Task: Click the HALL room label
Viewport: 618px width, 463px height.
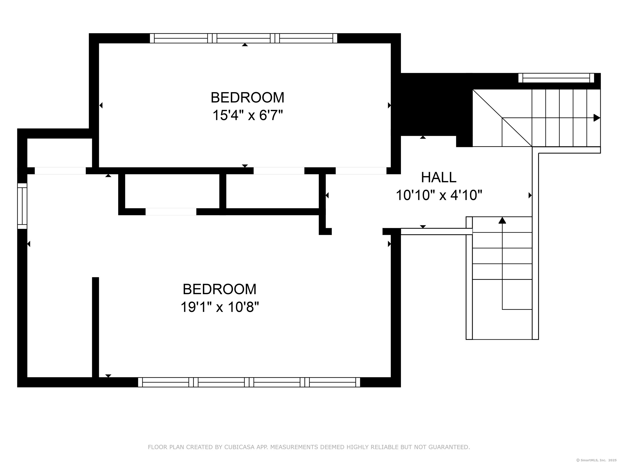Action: pyautogui.click(x=439, y=177)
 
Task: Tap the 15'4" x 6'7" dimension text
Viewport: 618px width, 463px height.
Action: pyautogui.click(x=247, y=115)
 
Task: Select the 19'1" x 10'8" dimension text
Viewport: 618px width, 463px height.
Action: pyautogui.click(x=220, y=307)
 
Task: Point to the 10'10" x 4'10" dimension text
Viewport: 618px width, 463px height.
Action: pyautogui.click(x=439, y=195)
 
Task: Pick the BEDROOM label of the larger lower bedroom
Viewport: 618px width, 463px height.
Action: pyautogui.click(x=220, y=289)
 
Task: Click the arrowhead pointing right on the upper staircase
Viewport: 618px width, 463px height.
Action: pyautogui.click(x=596, y=118)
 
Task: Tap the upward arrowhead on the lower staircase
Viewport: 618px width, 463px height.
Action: pyautogui.click(x=502, y=220)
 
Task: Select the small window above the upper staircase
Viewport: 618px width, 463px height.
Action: pyautogui.click(x=556, y=78)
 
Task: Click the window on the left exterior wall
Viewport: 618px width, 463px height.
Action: pyautogui.click(x=22, y=206)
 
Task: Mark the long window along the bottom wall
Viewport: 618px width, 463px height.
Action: pyautogui.click(x=249, y=382)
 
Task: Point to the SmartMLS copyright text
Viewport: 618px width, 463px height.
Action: pyautogui.click(x=596, y=460)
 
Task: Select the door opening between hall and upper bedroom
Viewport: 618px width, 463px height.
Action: pyautogui.click(x=361, y=171)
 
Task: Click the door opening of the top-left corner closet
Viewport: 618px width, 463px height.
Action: pyautogui.click(x=60, y=171)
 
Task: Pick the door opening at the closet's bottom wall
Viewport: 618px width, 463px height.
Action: pyautogui.click(x=171, y=212)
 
